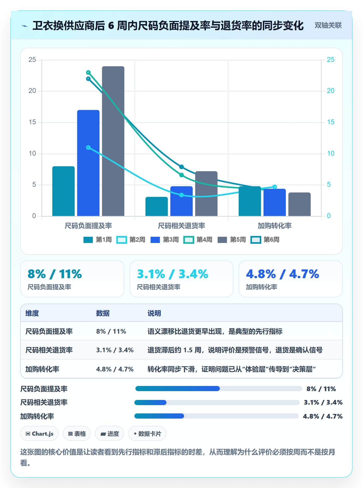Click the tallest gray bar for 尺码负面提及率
tap(113, 141)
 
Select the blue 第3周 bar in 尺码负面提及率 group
tap(88, 163)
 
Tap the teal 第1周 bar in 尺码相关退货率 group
tap(157, 206)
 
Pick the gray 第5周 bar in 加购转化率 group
tap(299, 204)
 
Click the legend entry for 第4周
tap(198, 240)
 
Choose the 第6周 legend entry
tap(265, 240)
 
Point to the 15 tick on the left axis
tap(32, 122)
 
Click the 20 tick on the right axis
tap(331, 91)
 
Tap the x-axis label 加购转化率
tap(275, 226)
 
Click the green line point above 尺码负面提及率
tap(88, 73)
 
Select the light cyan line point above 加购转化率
tap(275, 187)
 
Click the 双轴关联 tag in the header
tap(328, 25)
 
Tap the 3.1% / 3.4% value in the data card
tap(172, 274)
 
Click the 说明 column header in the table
tap(154, 313)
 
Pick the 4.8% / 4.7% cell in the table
tap(115, 369)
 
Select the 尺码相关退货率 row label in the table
tap(49, 350)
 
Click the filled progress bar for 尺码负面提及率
tap(178, 389)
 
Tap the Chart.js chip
tap(39, 434)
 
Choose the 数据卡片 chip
tap(147, 434)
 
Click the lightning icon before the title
tap(25, 26)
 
